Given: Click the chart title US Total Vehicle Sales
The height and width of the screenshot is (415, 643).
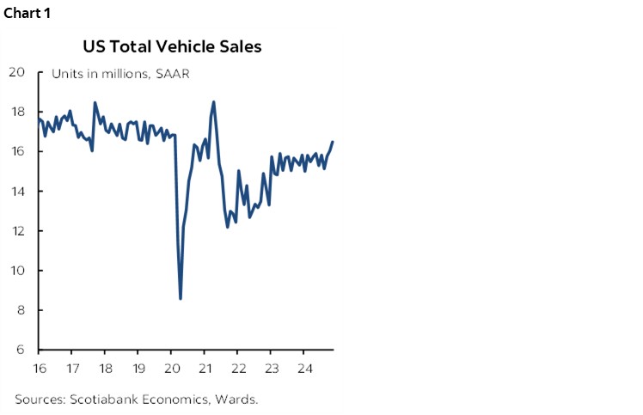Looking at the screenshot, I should pyautogui.click(x=172, y=46).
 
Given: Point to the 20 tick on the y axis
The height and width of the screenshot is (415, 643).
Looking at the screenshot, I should pyautogui.click(x=16, y=71).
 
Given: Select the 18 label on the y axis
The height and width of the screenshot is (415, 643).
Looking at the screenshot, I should pyautogui.click(x=16, y=112).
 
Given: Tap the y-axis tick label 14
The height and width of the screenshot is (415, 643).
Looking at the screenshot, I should pyautogui.click(x=16, y=191).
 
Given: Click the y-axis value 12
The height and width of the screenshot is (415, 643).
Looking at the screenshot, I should pyautogui.click(x=16, y=230).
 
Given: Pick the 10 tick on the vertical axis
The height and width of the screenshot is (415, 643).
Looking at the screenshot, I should pyautogui.click(x=16, y=271).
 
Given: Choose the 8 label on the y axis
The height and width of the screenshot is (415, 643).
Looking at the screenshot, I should pyautogui.click(x=20, y=310).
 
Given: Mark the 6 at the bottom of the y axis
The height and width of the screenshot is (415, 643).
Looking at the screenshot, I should pyautogui.click(x=20, y=350).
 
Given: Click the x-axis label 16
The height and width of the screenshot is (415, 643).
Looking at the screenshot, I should pyautogui.click(x=39, y=368).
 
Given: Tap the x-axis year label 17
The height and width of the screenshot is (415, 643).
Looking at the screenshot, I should pyautogui.click(x=72, y=368).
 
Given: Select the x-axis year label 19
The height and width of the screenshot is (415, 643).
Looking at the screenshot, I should pyautogui.click(x=138, y=368).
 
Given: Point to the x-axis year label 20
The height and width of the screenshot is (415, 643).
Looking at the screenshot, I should pyautogui.click(x=171, y=368).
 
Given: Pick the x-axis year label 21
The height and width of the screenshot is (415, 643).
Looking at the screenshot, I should pyautogui.click(x=205, y=368).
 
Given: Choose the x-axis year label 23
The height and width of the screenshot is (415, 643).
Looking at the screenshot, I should pyautogui.click(x=271, y=368).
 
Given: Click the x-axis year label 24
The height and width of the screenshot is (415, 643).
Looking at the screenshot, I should pyautogui.click(x=303, y=368).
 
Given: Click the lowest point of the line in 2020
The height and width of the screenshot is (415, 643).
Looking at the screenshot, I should pyautogui.click(x=181, y=298).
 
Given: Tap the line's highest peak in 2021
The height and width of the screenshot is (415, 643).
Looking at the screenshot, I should pyautogui.click(x=213, y=102).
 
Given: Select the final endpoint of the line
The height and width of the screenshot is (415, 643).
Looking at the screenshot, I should pyautogui.click(x=333, y=142).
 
